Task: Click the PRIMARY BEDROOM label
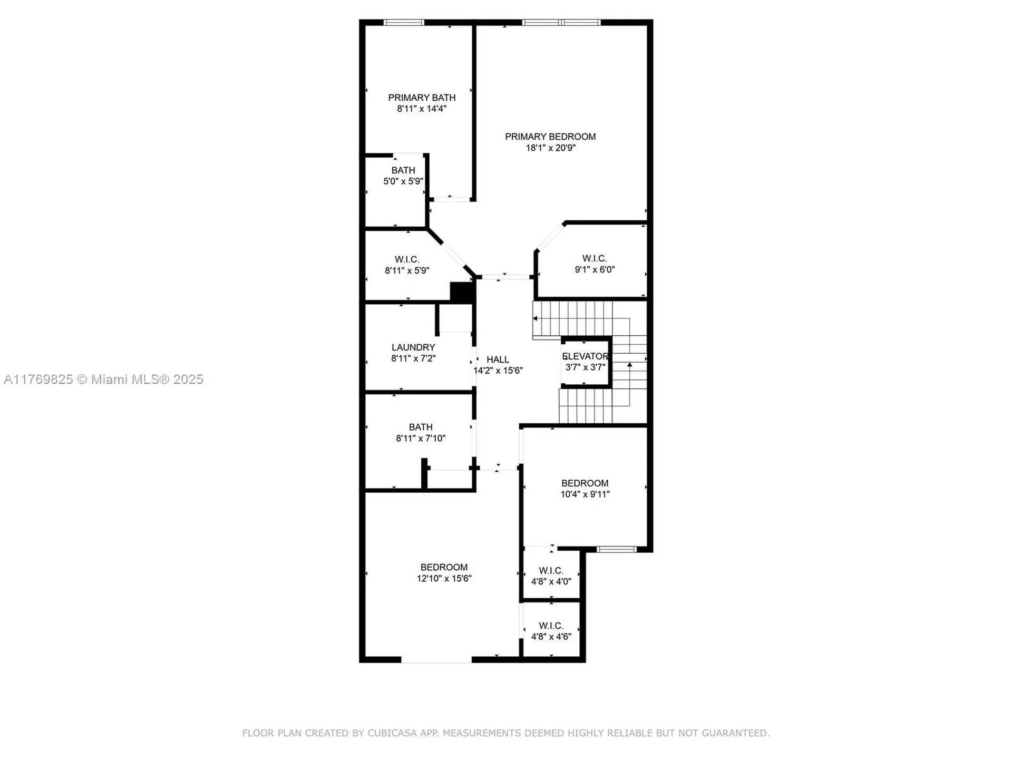tap(550, 137)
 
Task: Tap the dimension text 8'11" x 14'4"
tap(422, 109)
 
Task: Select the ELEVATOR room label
tap(586, 356)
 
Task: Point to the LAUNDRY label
tap(413, 347)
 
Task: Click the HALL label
tap(498, 359)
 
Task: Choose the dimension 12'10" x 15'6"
tap(444, 578)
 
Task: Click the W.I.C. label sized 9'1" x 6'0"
tap(595, 258)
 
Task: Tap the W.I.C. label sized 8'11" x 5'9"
tap(407, 259)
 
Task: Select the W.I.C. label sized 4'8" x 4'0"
tap(551, 570)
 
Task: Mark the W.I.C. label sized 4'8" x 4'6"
tap(551, 626)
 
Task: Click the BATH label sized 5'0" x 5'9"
tap(403, 170)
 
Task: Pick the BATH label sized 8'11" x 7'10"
tap(421, 427)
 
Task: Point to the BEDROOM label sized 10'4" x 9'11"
tap(585, 483)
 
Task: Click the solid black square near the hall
tap(462, 293)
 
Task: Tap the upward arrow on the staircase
tap(629, 364)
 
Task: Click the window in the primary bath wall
tap(404, 23)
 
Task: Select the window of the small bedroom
tap(616, 549)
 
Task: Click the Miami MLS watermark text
tap(103, 379)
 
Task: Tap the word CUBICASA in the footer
tap(392, 733)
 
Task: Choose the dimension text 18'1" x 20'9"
tap(550, 148)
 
